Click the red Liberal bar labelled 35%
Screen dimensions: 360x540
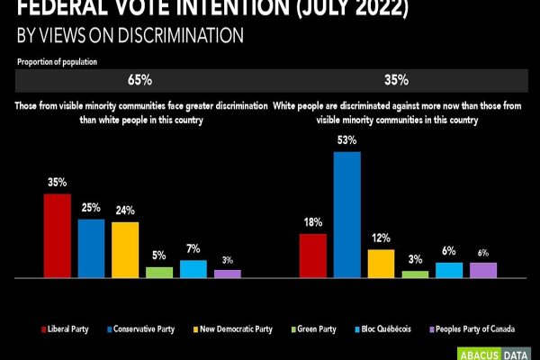pos(57,236)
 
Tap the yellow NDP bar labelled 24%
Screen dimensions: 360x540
pos(125,249)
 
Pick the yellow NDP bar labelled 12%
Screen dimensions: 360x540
pos(381,264)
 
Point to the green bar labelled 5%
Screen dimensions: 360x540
pos(159,272)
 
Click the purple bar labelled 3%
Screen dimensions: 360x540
pos(228,274)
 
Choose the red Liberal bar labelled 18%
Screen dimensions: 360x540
pos(312,256)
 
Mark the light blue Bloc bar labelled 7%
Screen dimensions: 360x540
pos(193,268)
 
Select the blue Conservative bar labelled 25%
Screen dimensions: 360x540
pos(91,248)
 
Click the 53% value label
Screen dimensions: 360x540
pos(347,140)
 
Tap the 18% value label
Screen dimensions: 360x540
pos(312,222)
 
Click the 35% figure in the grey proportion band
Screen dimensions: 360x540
pos(396,79)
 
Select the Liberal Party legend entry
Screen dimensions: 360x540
pos(72,329)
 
